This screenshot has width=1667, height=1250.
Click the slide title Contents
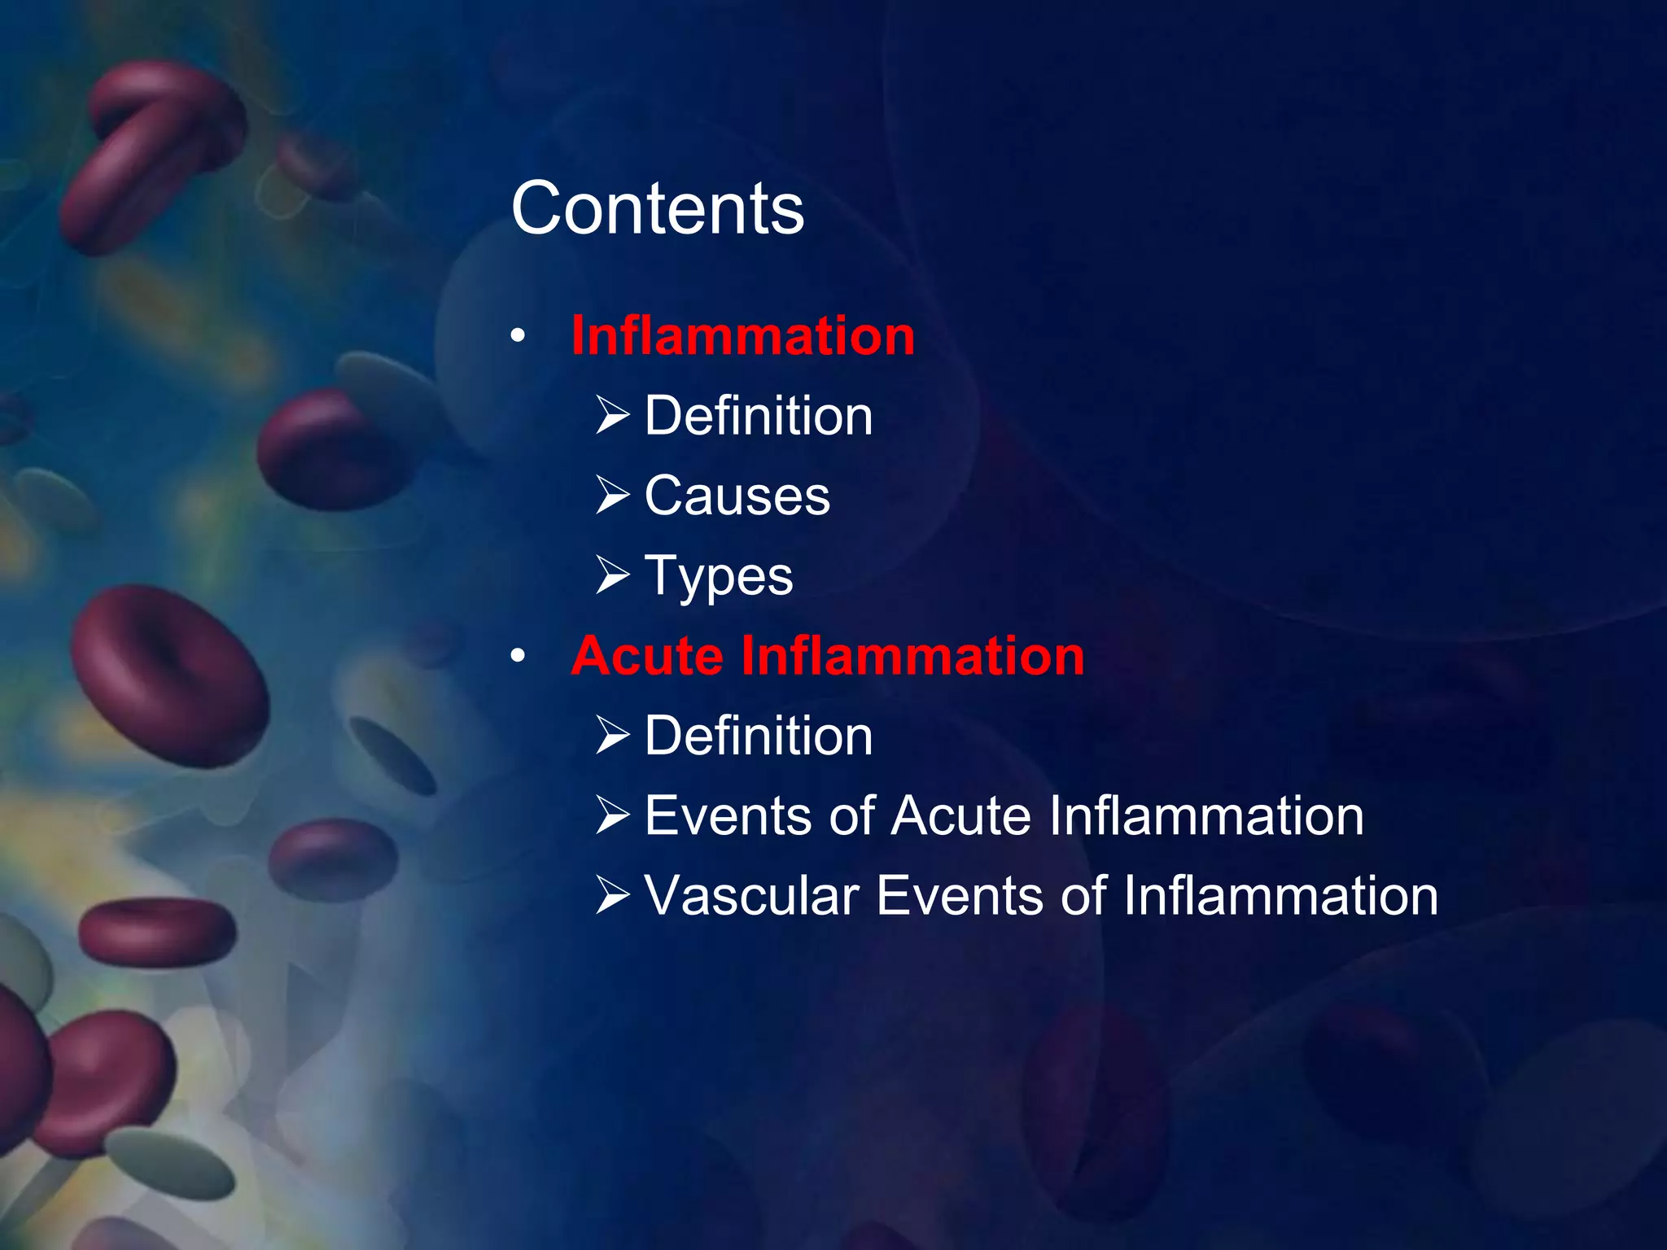coord(658,209)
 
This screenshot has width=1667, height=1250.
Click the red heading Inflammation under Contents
coord(742,335)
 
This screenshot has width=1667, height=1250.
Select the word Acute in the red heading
coord(647,656)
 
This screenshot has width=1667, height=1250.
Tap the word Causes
coord(737,496)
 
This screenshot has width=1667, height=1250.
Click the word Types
coord(718,576)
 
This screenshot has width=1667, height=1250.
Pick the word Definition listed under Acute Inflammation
coord(758,736)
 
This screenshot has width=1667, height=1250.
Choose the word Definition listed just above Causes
coord(758,416)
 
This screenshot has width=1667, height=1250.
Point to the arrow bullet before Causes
coord(612,496)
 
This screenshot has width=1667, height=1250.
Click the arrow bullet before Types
coord(612,575)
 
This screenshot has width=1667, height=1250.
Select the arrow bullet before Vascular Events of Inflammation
coord(612,895)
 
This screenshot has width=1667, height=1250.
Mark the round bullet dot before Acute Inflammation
coord(518,656)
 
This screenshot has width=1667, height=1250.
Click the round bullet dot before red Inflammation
coord(518,336)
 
